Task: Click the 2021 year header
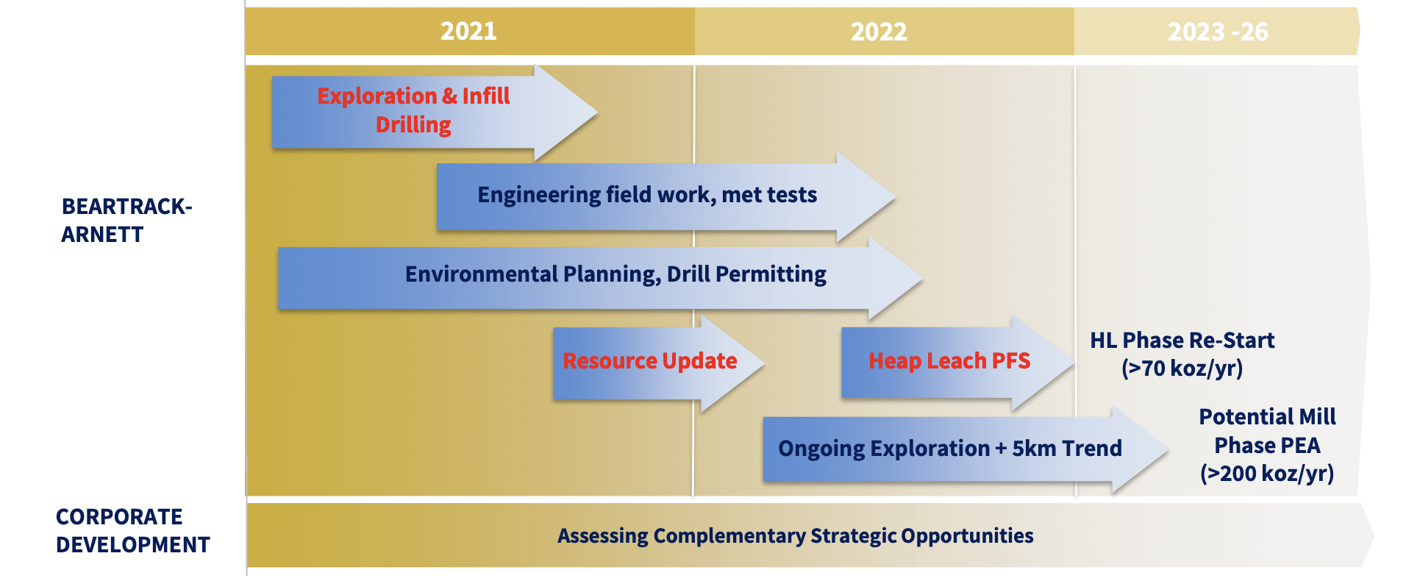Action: [x=468, y=31]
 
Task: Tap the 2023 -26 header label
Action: [x=1218, y=32]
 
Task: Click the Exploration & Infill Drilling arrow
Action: [x=434, y=113]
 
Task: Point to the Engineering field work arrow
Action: [x=665, y=196]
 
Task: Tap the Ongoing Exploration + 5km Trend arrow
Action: [x=966, y=449]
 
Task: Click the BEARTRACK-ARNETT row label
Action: [x=126, y=220]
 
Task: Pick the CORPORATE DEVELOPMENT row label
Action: [x=133, y=530]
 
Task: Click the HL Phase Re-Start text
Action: [x=1182, y=341]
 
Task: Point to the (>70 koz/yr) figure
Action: [x=1182, y=368]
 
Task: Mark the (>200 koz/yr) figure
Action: [x=1267, y=474]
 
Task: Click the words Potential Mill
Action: [x=1267, y=417]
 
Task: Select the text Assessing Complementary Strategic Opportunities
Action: [x=795, y=536]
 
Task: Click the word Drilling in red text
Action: [x=413, y=125]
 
